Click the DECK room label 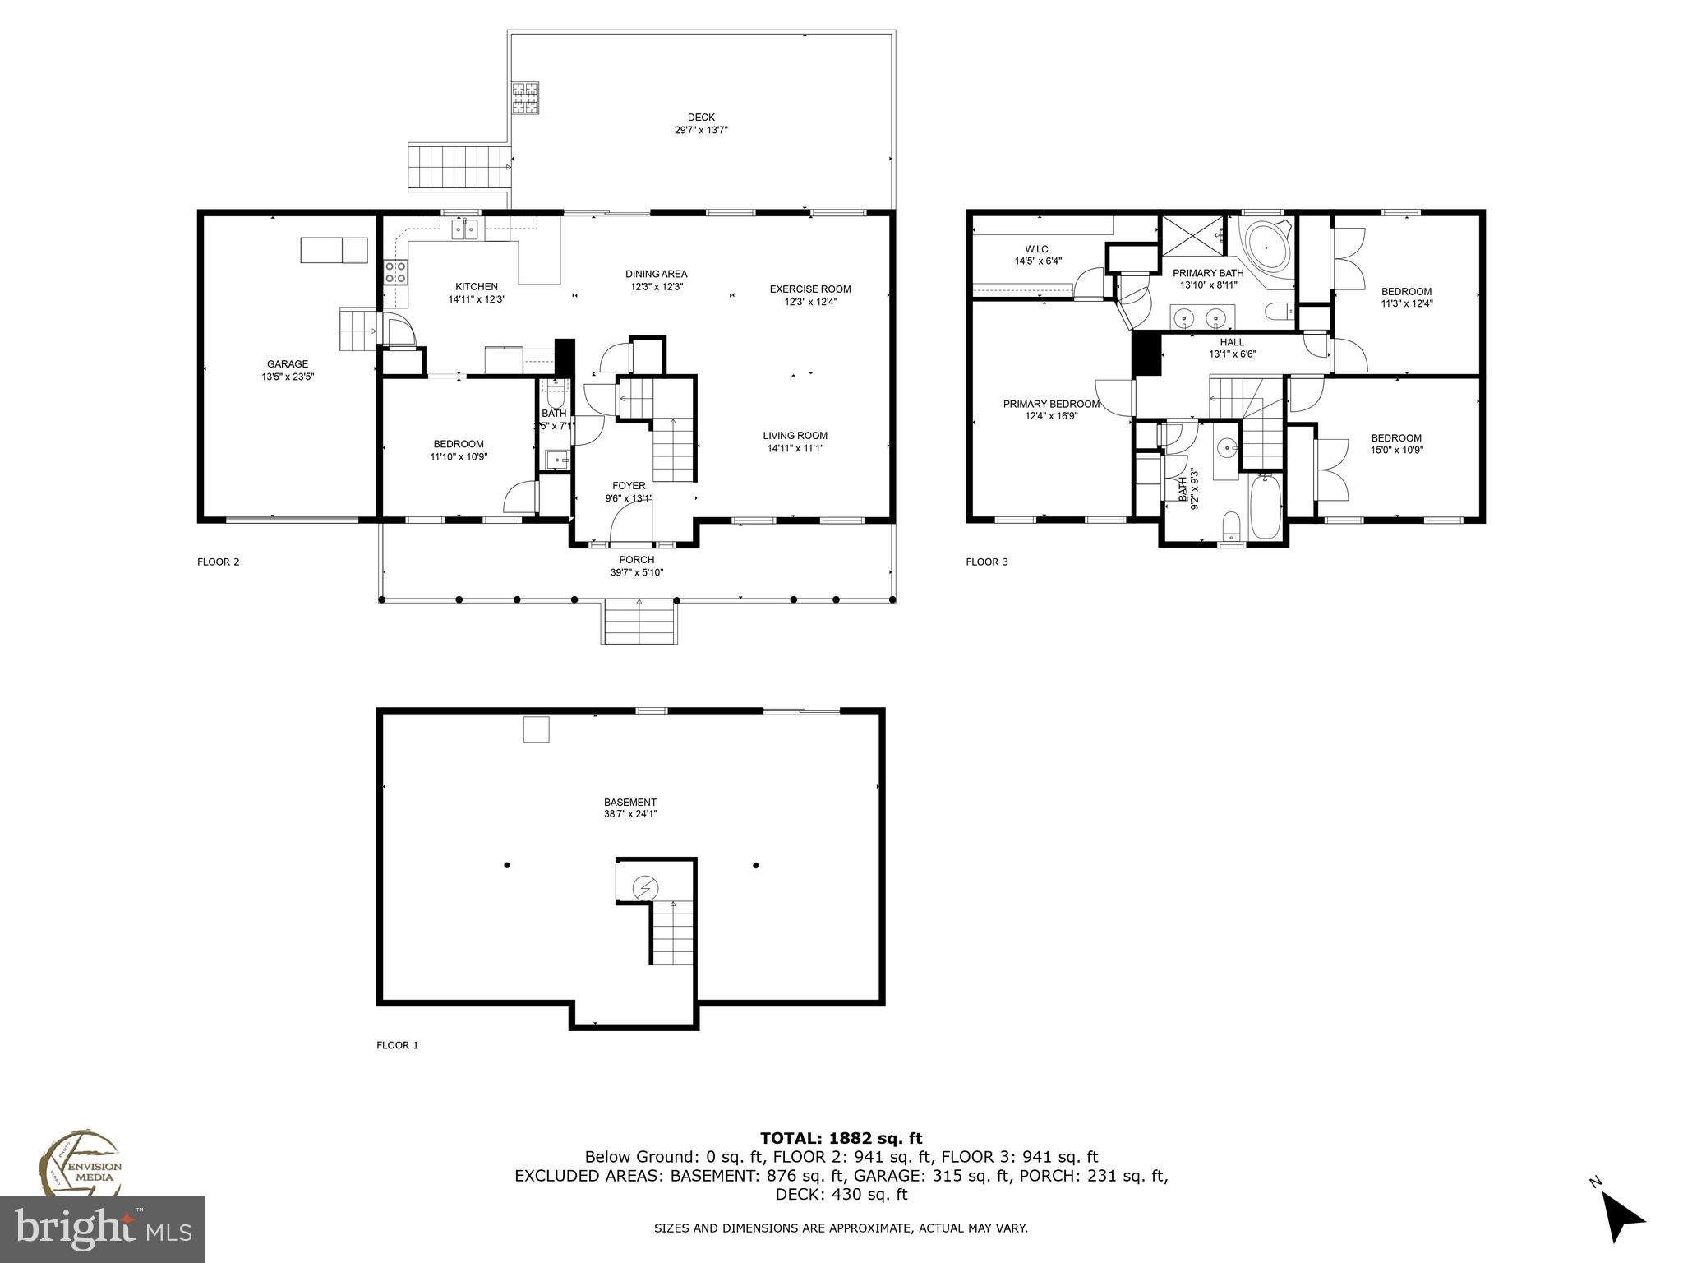[x=701, y=118]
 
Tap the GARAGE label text [x=287, y=364]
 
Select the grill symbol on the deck [x=525, y=99]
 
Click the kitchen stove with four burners [x=396, y=272]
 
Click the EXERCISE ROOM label [x=809, y=289]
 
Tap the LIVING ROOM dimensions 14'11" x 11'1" [x=795, y=448]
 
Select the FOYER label [x=629, y=486]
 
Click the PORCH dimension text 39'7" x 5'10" [x=636, y=572]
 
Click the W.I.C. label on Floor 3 [x=1038, y=249]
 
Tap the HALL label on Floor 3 [x=1232, y=342]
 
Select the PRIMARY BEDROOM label [x=1051, y=404]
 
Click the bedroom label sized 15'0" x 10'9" [x=1395, y=438]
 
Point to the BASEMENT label [x=630, y=803]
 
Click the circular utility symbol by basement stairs [x=645, y=888]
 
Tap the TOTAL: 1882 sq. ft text [x=841, y=1138]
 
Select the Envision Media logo [x=81, y=1166]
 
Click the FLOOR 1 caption [x=398, y=1045]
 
